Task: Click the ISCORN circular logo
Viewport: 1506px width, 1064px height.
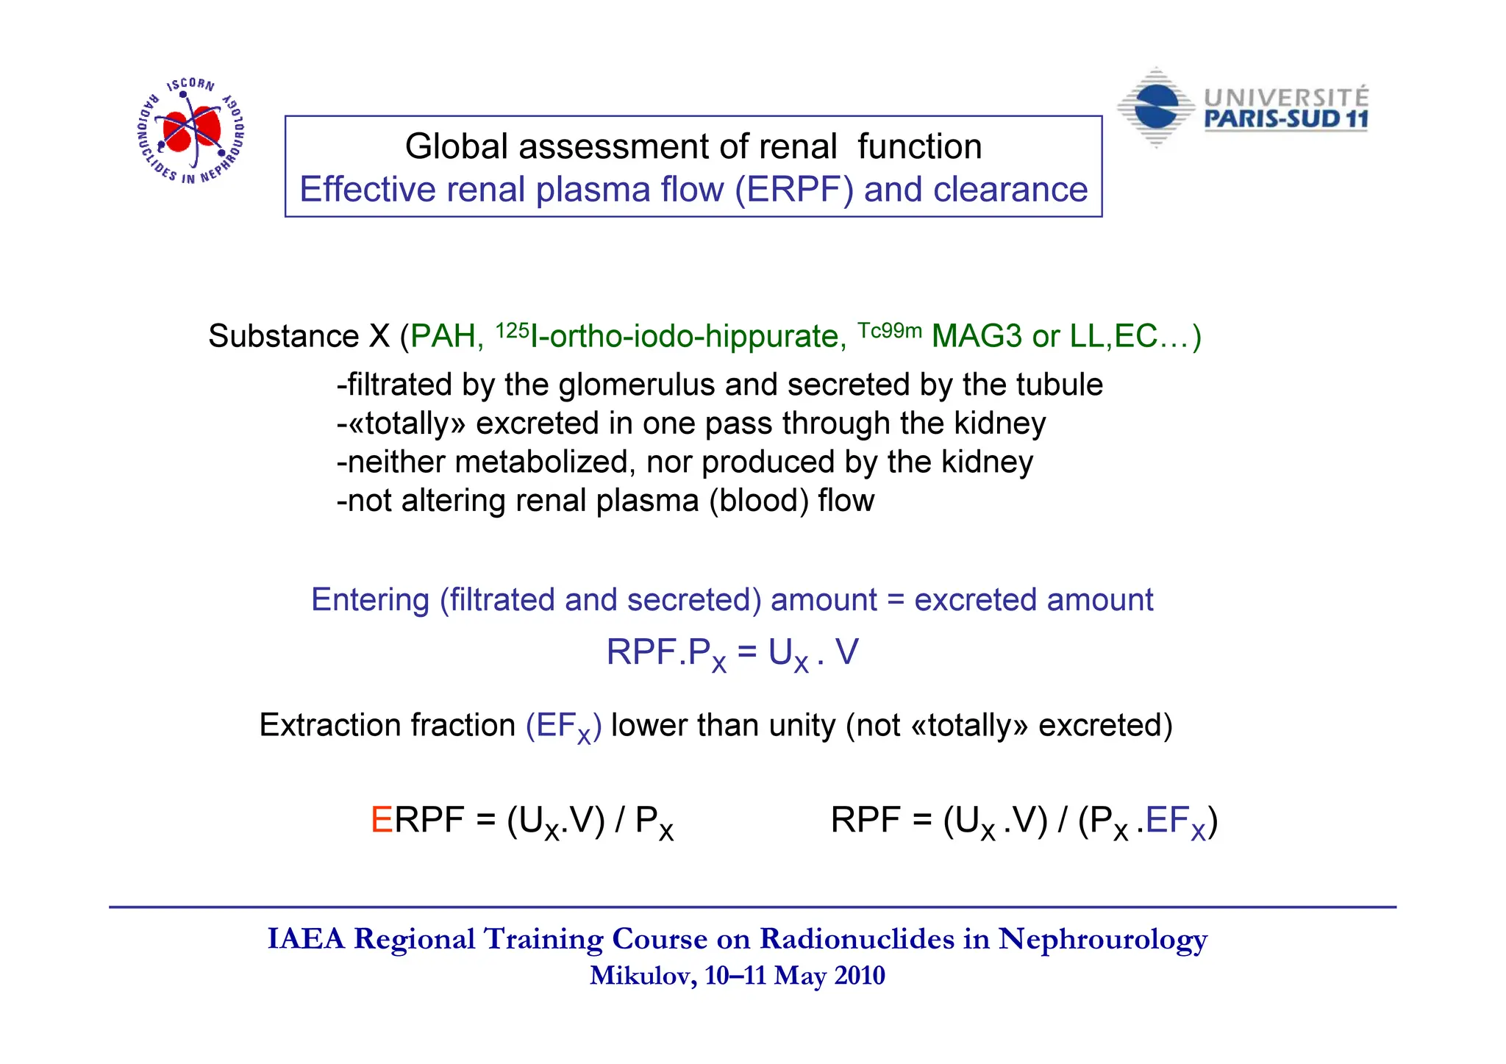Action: (x=191, y=130)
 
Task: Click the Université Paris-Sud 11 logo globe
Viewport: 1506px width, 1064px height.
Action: (x=1156, y=108)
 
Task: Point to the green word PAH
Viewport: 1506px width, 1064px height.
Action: (x=443, y=337)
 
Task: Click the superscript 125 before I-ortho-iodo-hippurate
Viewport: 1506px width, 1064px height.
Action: (x=512, y=330)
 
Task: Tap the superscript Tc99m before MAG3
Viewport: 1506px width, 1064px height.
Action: (x=890, y=330)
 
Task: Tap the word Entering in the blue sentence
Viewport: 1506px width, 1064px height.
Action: (x=370, y=600)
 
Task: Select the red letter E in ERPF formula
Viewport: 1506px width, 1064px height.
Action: (x=382, y=820)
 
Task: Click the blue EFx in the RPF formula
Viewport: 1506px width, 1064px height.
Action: (x=1175, y=821)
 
